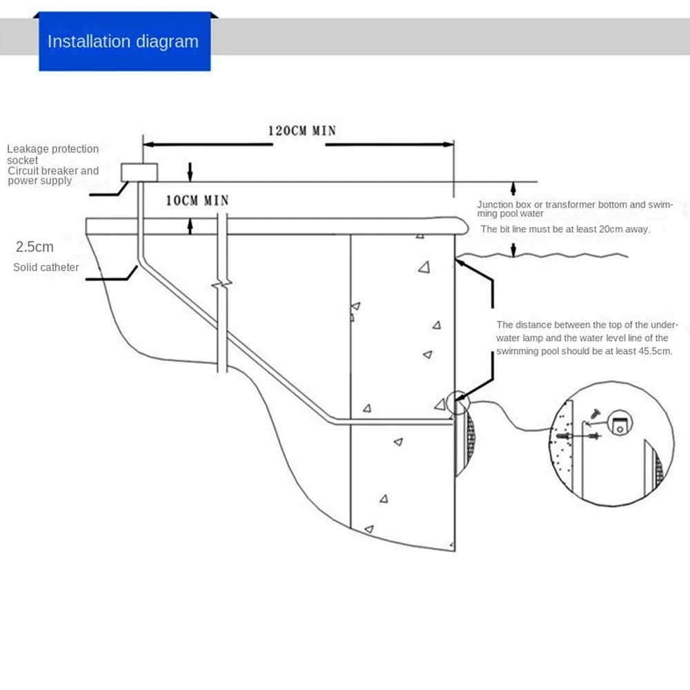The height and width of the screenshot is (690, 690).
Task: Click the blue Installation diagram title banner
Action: [x=124, y=41]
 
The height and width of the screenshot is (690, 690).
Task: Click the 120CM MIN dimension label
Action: [x=302, y=130]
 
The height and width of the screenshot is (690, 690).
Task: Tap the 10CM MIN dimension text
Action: [x=197, y=200]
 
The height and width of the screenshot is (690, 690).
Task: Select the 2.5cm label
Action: [x=34, y=246]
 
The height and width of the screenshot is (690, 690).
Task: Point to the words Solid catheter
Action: [x=46, y=267]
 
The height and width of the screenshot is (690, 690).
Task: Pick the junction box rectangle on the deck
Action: [x=139, y=171]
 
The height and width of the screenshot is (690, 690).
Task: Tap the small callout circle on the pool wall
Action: [x=457, y=403]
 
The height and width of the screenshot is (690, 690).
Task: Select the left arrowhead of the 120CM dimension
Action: [x=147, y=144]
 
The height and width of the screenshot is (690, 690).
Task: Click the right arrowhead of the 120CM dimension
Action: [x=449, y=144]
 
